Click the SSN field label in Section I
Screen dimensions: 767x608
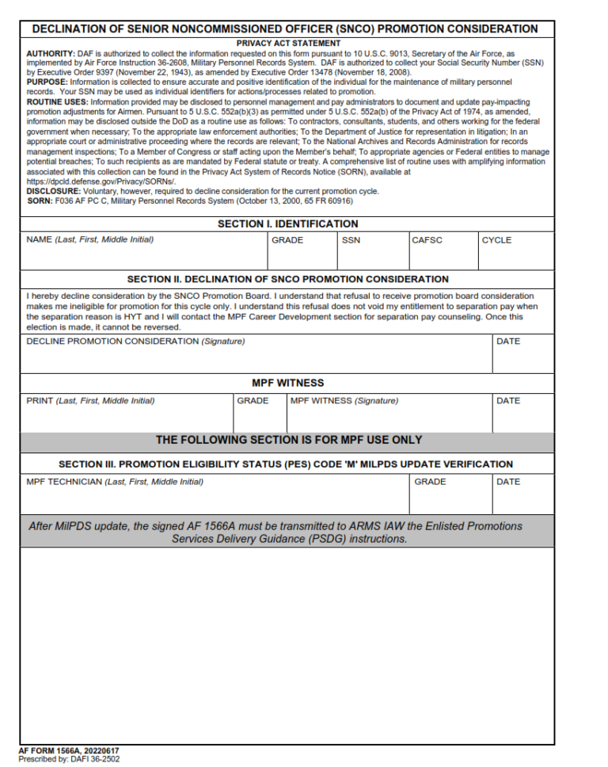coord(351,240)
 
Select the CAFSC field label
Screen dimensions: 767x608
coord(426,240)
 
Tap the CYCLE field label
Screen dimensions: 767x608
coord(496,240)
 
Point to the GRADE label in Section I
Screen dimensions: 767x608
coord(287,240)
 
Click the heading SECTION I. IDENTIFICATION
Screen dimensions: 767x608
coord(287,224)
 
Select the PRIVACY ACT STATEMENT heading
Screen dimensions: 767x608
coord(288,43)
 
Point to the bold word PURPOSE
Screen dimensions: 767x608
coord(47,82)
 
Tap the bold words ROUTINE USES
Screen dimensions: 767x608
coord(57,102)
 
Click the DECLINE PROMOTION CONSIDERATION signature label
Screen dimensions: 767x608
coord(135,342)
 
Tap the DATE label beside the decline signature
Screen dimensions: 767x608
coord(507,342)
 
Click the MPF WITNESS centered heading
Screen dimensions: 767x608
coord(287,383)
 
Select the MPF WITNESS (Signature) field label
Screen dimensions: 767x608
coord(344,401)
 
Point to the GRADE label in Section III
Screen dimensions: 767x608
coord(430,482)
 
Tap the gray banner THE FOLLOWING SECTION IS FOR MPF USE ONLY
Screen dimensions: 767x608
coord(288,440)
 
